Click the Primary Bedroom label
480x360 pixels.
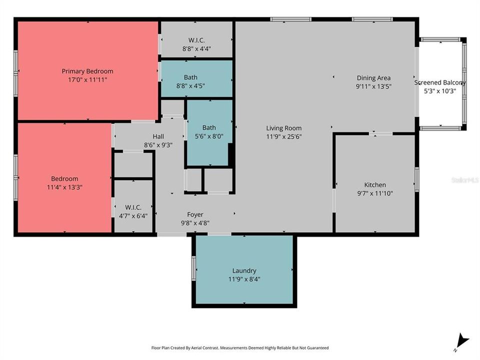point(87,71)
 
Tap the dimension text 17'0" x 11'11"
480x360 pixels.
point(87,79)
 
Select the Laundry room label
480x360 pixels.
point(244,270)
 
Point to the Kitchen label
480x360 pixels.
point(374,184)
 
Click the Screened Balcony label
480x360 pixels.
point(440,83)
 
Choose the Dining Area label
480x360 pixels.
point(373,78)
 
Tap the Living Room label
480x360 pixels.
point(283,128)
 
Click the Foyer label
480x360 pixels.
point(195,214)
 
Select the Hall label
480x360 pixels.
point(158,136)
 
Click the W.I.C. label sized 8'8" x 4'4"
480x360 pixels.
point(196,40)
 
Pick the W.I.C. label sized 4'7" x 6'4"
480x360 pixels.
point(133,207)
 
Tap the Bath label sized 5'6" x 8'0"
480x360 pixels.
point(209,127)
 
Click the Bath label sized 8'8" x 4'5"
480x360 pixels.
point(190,77)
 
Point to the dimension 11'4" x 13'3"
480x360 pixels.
point(64,187)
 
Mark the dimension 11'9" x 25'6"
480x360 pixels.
point(283,136)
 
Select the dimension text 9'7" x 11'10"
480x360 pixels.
point(374,192)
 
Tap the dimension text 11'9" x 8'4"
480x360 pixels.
point(244,279)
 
